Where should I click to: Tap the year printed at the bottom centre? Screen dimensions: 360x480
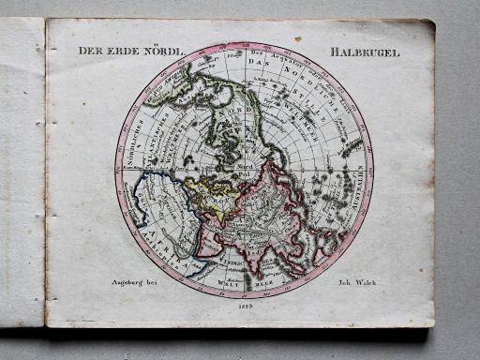245,306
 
